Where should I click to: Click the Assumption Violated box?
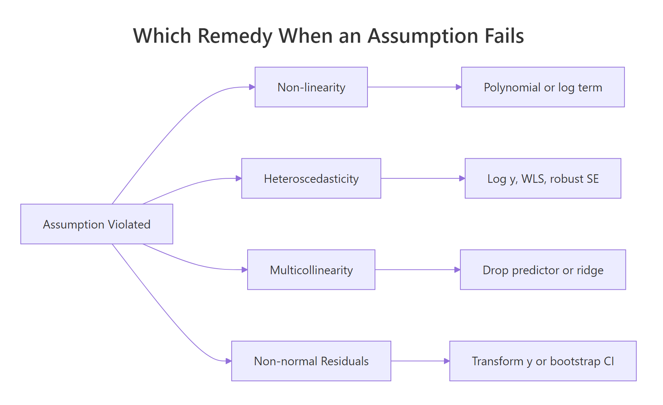click(97, 224)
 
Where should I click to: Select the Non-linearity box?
click(311, 87)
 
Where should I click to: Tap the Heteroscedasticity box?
click(311, 179)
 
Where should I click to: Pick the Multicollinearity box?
click(311, 270)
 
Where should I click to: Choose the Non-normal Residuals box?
click(311, 361)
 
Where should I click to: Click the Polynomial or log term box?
click(543, 87)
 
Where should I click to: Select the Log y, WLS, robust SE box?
click(543, 179)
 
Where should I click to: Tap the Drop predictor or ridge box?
click(543, 270)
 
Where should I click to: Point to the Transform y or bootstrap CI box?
click(543, 361)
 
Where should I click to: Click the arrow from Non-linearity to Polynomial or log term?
click(414, 87)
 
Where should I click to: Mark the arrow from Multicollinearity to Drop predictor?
click(417, 270)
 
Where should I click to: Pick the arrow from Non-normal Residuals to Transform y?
click(420, 361)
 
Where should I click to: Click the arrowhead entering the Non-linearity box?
click(252, 87)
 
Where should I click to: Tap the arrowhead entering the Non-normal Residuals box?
click(229, 361)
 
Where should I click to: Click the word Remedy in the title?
click(235, 36)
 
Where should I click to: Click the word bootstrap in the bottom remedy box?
click(575, 361)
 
